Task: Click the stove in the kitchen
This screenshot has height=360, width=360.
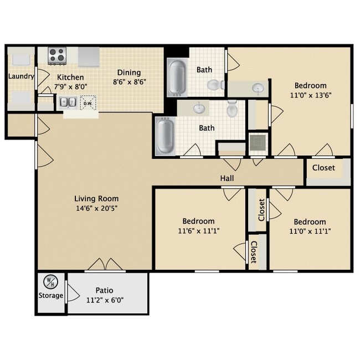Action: [56, 55]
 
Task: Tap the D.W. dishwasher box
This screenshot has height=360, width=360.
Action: [88, 103]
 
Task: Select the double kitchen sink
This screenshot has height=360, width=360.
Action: [69, 102]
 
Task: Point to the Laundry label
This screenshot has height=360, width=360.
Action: [22, 76]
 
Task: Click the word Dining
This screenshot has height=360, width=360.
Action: [128, 73]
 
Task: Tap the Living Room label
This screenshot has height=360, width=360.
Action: [96, 198]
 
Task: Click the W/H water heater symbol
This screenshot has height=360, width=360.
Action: [51, 281]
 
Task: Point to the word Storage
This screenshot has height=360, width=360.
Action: [51, 295]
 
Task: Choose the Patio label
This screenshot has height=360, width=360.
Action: [104, 290]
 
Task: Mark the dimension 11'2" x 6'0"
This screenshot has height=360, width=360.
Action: [104, 300]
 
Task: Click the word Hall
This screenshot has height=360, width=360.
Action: [227, 178]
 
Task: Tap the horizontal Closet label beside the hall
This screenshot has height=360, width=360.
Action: [323, 168]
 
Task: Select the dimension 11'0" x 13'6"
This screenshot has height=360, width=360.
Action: [310, 95]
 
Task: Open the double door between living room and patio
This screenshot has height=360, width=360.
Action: [105, 265]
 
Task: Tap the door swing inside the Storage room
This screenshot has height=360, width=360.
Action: [71, 291]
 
